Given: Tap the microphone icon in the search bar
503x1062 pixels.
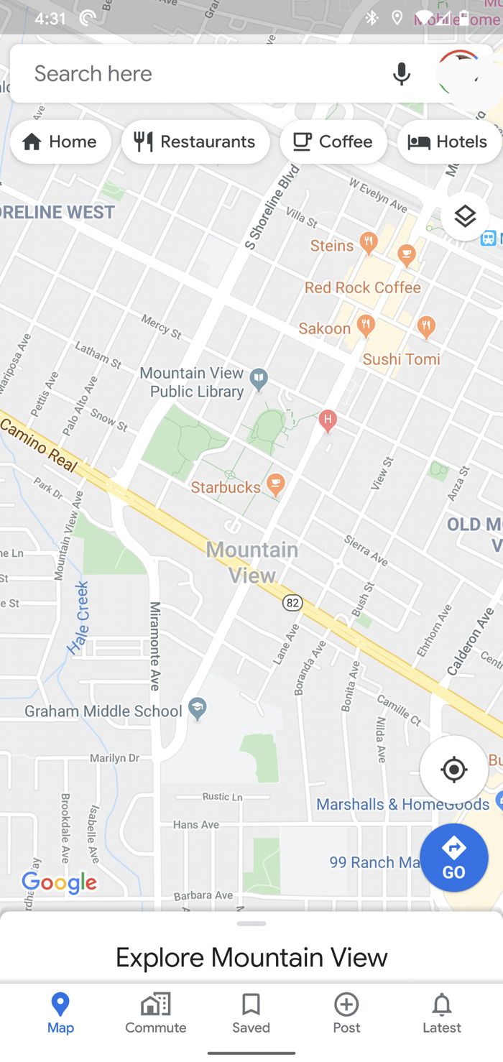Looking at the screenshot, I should click(402, 73).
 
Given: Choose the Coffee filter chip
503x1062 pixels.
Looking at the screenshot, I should click(333, 142).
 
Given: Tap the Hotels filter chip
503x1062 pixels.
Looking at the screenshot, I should click(448, 142).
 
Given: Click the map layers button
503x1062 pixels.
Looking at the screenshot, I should click(465, 216).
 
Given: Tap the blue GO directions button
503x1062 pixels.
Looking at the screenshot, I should click(453, 858).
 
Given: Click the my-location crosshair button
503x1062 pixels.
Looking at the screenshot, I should click(453, 770).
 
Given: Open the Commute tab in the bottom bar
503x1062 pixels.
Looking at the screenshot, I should click(155, 1013).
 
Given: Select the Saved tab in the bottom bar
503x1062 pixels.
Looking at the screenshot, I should click(251, 1013).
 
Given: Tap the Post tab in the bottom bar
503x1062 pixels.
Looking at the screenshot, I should click(346, 1013).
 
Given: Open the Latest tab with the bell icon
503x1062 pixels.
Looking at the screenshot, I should click(441, 1013).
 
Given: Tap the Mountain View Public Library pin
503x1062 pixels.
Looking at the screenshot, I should click(258, 377).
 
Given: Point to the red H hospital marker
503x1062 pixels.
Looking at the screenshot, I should click(328, 419).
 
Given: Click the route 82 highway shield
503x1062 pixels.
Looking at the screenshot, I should click(292, 602).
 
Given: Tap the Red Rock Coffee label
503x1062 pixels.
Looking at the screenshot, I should click(362, 287).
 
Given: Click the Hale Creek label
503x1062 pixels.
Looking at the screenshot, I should click(80, 617).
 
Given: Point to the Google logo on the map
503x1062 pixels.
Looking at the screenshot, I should click(59, 882).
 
